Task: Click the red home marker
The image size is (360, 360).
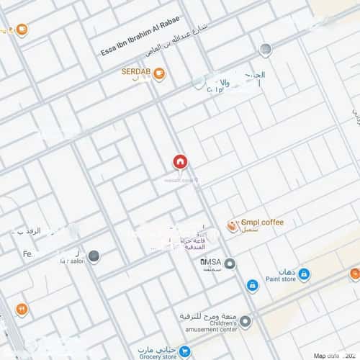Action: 179,163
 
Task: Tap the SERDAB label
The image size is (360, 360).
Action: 135,72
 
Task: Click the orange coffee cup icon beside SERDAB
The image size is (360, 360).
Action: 158,73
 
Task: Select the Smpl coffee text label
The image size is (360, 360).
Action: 262,222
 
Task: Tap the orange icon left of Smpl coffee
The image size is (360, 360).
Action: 232,226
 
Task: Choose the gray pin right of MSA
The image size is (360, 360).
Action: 230,264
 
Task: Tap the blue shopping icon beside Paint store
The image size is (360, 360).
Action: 304,274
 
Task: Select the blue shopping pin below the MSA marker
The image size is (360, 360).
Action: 253,285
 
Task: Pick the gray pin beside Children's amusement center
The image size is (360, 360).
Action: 245,322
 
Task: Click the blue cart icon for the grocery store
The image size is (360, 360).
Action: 185,352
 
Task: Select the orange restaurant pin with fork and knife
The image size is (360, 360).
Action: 22,310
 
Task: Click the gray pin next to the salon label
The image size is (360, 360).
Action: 94,256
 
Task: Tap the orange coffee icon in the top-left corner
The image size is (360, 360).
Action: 22,30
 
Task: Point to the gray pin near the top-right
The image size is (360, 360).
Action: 266,50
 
